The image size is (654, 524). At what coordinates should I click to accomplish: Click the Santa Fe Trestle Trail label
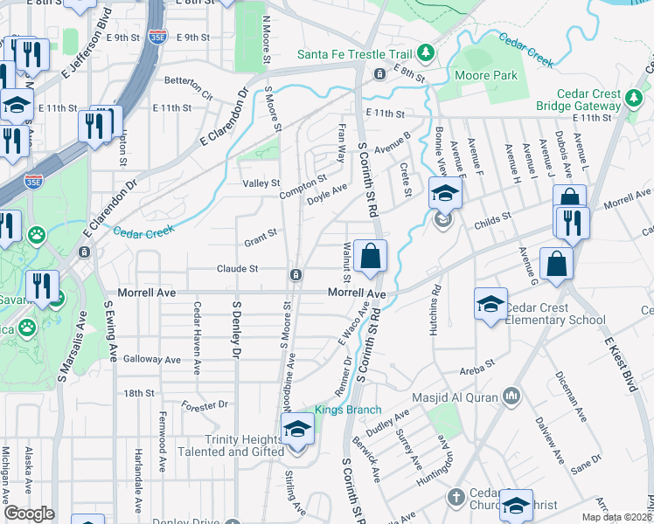[x=355, y=53]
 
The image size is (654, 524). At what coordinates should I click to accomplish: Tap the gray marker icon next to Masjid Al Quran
[x=512, y=397]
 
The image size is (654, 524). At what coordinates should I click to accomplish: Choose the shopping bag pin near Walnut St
[x=371, y=256]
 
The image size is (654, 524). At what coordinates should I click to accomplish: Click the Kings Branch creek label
[x=348, y=410]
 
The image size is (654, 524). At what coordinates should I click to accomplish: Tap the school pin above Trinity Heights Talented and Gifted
[x=297, y=430]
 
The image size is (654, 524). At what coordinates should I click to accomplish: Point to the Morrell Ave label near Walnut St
[x=357, y=293]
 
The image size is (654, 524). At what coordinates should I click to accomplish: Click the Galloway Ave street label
[x=152, y=359]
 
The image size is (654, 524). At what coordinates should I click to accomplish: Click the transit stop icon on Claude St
[x=297, y=275]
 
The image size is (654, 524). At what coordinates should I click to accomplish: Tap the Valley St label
[x=261, y=183]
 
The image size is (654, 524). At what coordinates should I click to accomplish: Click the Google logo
[x=29, y=514]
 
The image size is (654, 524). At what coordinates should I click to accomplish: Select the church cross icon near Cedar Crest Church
[x=454, y=498]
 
